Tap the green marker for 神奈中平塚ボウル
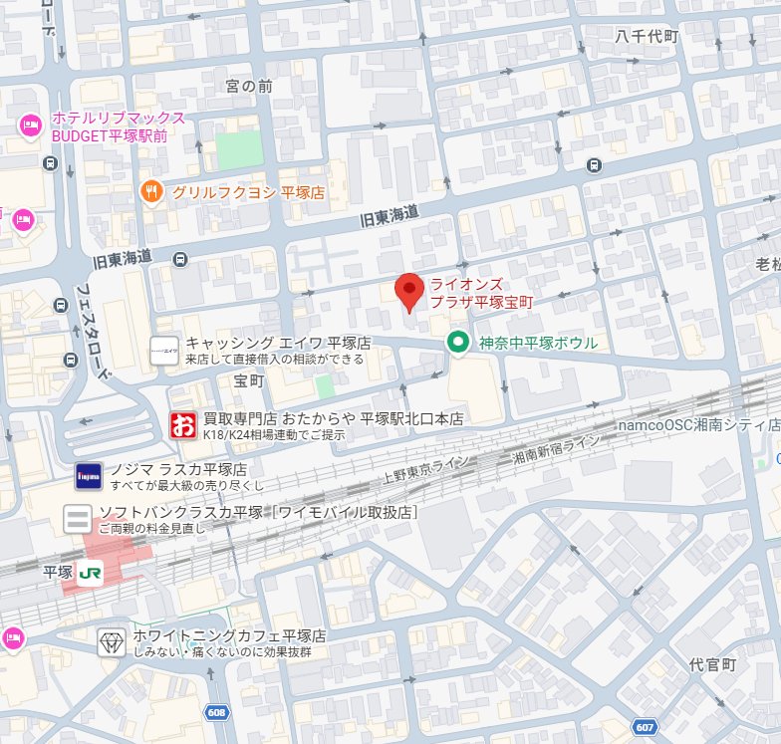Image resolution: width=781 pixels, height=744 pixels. click(457, 343)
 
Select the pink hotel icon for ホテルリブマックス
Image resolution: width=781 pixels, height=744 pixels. click(29, 125)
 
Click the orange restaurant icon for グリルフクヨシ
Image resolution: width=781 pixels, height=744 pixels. click(151, 191)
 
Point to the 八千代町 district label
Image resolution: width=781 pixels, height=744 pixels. click(646, 36)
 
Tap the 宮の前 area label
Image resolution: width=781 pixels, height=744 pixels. click(248, 87)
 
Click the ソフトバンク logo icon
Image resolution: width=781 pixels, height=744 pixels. click(77, 519)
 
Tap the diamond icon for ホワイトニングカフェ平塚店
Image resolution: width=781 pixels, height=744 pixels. click(111, 642)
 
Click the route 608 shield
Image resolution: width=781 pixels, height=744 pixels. click(216, 712)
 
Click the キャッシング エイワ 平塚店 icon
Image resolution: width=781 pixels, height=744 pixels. click(164, 350)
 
